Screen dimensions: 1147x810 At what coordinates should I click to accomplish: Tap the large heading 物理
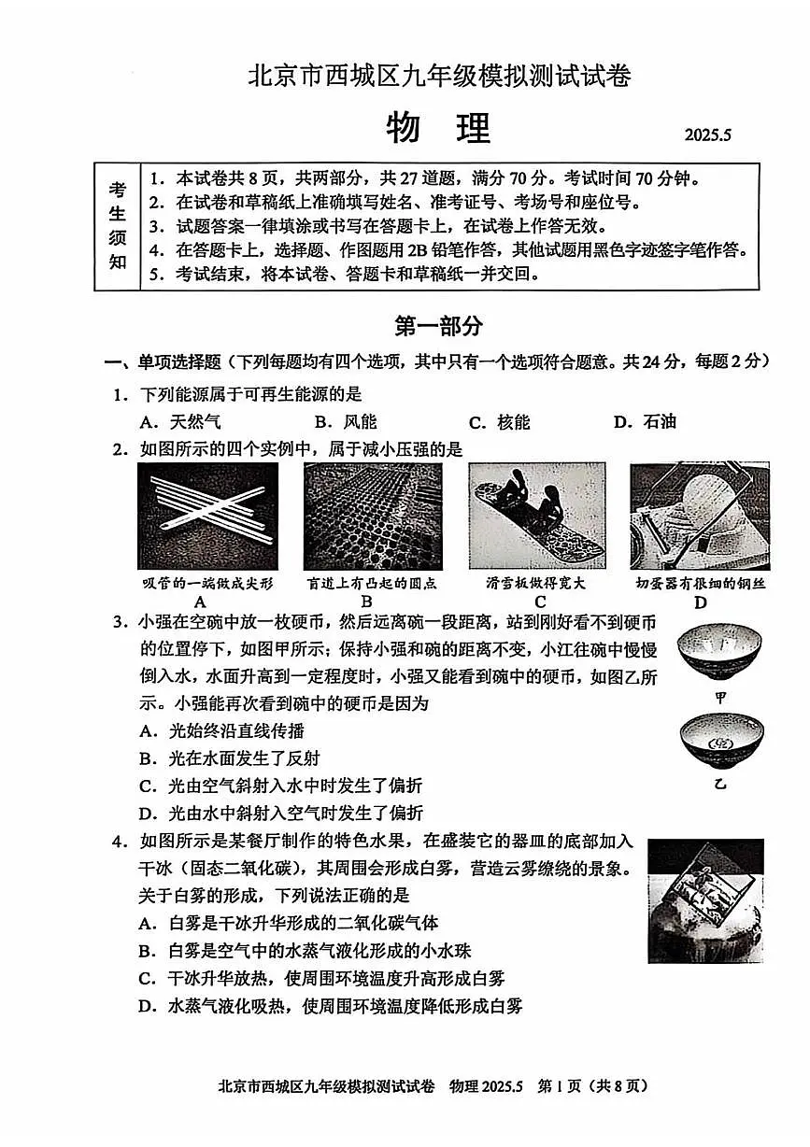438,129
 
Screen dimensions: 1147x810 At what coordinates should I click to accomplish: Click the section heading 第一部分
438,326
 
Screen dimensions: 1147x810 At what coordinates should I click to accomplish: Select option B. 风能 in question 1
346,422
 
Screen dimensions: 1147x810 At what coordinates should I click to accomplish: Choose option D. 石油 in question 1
644,422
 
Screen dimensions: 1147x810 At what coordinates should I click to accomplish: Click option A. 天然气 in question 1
180,422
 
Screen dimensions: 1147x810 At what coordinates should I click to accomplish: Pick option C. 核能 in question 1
499,422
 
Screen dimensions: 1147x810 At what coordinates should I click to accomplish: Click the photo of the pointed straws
207,517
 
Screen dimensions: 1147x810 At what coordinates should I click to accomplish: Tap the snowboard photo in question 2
535,517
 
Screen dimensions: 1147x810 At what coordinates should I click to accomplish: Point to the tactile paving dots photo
372,517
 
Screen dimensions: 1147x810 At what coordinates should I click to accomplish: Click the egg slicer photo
700,517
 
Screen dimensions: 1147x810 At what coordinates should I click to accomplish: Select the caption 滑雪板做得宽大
535,584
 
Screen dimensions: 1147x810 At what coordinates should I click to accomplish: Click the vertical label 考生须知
118,226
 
